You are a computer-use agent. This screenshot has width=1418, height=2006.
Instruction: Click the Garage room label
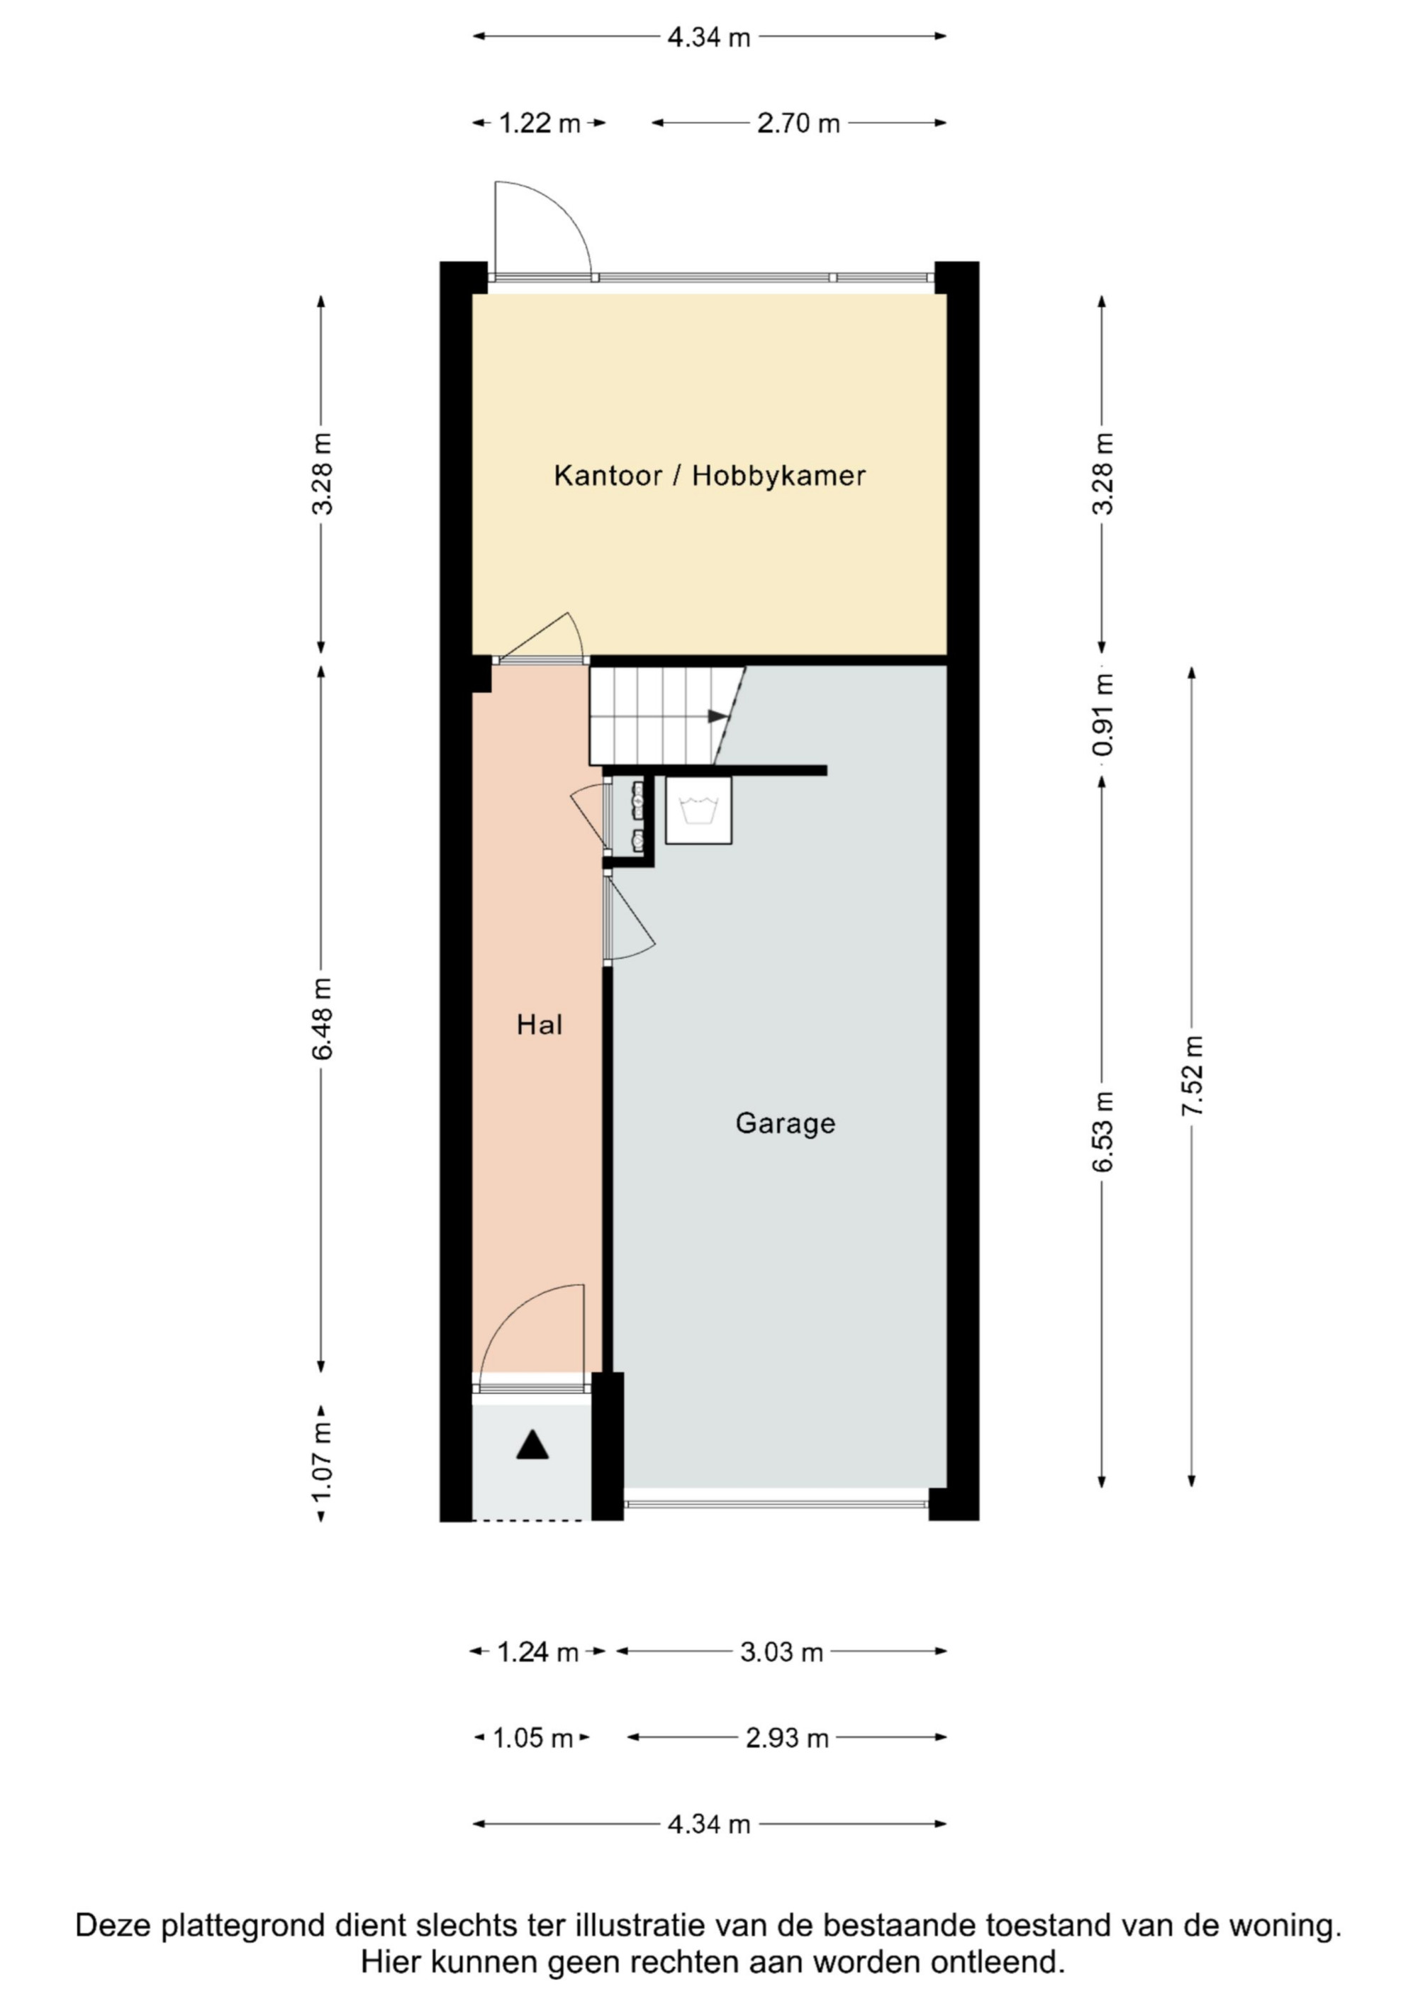tap(785, 1124)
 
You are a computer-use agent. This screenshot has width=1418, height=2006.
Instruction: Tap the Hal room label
tap(539, 1025)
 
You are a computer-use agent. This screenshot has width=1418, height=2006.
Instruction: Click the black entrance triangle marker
tap(532, 1444)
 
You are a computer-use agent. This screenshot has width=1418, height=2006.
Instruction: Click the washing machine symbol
tap(698, 810)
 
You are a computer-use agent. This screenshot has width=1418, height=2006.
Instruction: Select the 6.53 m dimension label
tap(1102, 1132)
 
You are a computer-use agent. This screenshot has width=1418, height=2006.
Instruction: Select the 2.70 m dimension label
tap(798, 123)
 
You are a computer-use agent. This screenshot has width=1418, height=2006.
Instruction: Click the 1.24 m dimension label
tap(537, 1652)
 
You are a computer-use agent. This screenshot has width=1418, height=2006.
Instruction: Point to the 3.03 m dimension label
tap(781, 1652)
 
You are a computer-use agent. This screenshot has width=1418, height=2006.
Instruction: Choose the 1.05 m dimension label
tap(533, 1738)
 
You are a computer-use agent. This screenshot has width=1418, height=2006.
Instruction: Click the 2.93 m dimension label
tap(786, 1738)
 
